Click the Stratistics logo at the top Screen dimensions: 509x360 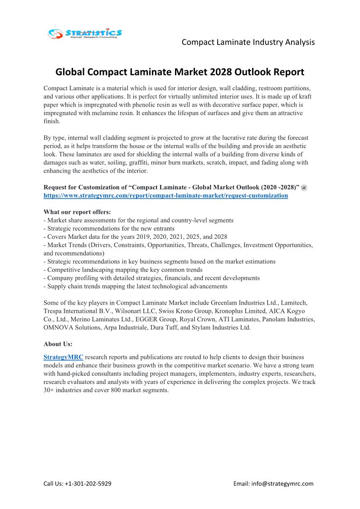[x=85, y=33]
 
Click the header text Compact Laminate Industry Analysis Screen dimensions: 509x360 [x=248, y=42]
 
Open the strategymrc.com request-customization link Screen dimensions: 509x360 [x=165, y=196]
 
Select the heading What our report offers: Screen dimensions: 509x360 [x=77, y=212]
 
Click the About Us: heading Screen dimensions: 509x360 [x=58, y=344]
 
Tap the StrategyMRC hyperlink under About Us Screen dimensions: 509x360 [x=63, y=357]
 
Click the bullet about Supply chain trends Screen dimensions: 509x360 [x=135, y=286]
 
